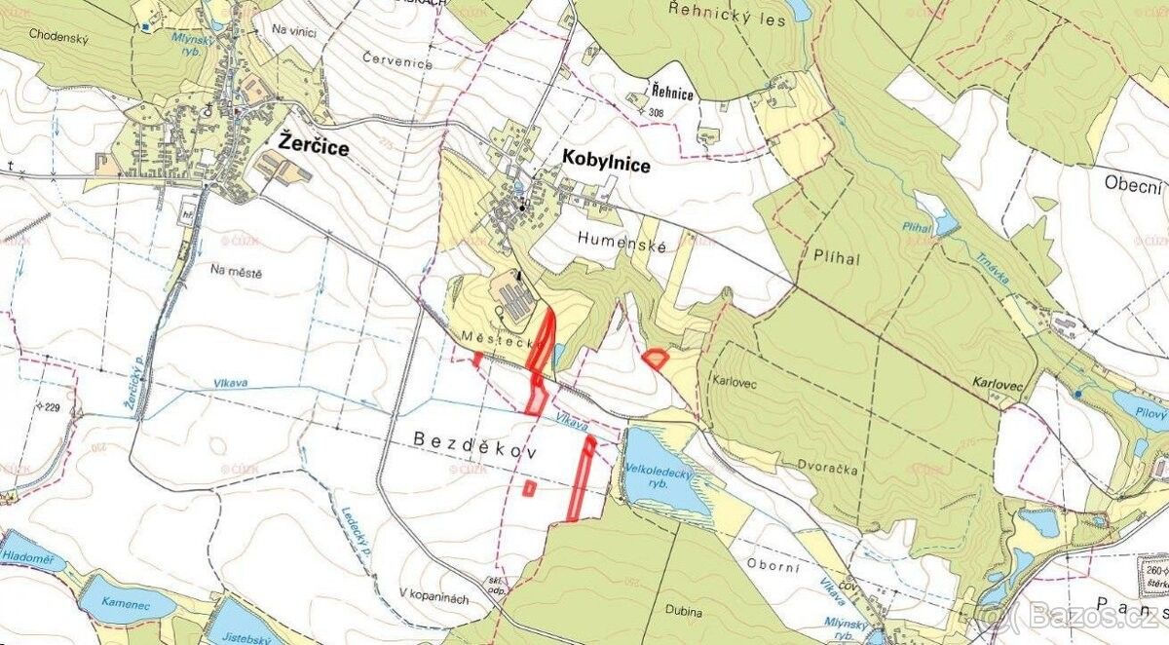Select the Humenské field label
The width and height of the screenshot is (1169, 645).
[622, 247]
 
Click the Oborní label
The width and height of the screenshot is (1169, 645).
[774, 563]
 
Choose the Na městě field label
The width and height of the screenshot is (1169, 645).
[237, 273]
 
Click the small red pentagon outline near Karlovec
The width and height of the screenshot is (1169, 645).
[656, 359]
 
